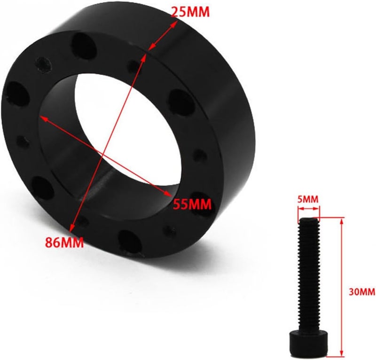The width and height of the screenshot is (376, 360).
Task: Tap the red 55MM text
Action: [x=192, y=204]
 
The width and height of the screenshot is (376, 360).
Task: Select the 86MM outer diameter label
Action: [x=64, y=243]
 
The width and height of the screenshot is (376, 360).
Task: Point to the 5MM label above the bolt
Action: [x=308, y=199]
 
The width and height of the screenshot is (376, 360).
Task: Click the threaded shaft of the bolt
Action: [x=308, y=273]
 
